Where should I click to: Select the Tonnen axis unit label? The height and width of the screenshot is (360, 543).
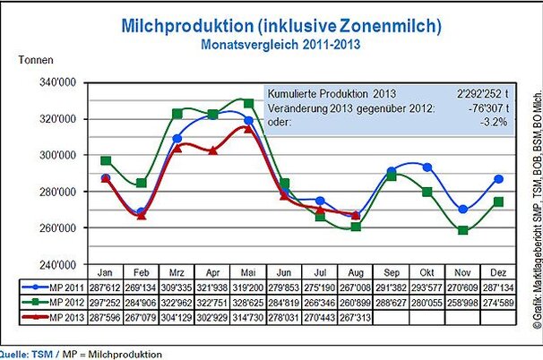[x=37, y=61]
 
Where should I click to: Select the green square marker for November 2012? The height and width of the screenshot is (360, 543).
[x=462, y=230]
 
